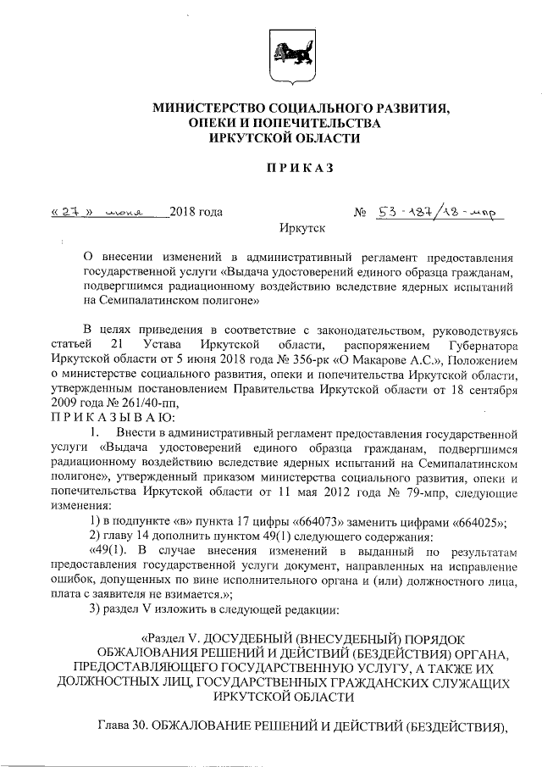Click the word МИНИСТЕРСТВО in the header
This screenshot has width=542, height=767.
pos(210,109)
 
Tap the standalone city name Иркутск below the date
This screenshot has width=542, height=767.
pos(301,228)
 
